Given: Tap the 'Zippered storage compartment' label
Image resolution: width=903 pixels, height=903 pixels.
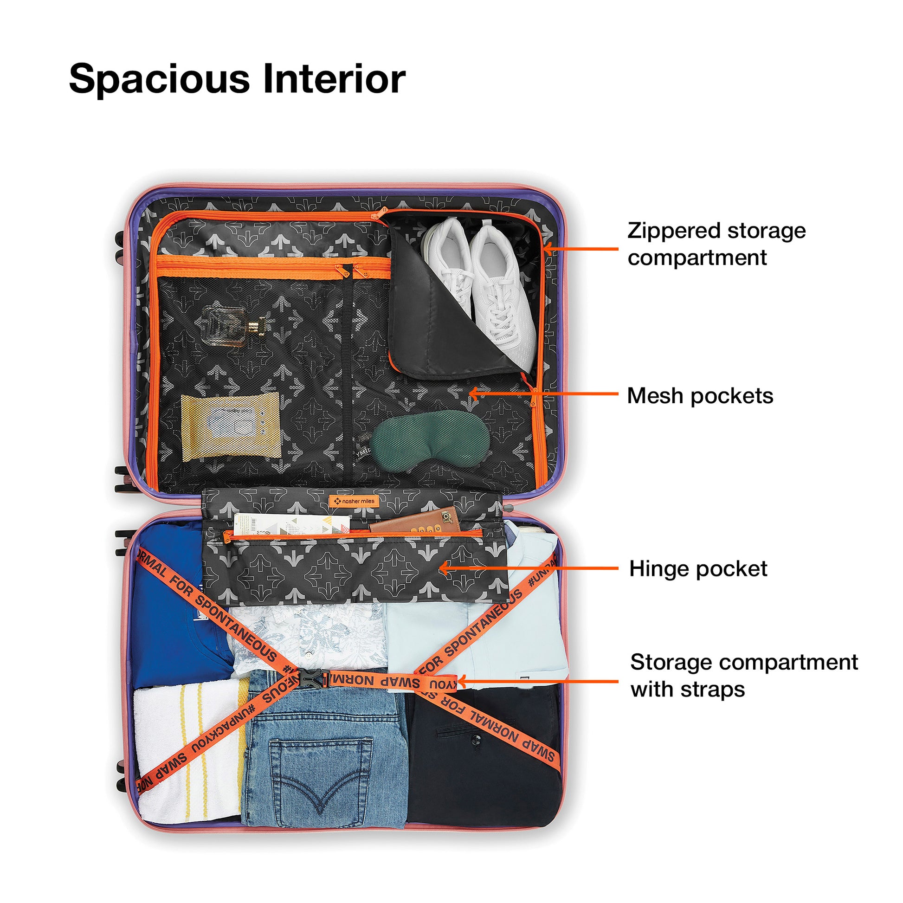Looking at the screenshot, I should point(716,244).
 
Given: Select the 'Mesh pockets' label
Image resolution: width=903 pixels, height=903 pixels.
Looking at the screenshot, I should point(700,396).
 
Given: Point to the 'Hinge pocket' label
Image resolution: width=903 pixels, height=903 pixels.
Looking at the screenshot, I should point(698,569).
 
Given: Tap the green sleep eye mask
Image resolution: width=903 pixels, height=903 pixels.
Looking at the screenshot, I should point(430,439).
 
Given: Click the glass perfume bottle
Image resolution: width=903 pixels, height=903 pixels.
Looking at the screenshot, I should point(232,326).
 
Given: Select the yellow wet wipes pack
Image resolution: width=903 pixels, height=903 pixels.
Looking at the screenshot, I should point(231,426).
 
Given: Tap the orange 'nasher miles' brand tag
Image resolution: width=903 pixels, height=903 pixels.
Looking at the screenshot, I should point(354,501).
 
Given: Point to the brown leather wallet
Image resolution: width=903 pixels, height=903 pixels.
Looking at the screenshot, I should point(416,521).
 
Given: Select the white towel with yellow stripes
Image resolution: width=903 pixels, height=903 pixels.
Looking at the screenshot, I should point(187,748).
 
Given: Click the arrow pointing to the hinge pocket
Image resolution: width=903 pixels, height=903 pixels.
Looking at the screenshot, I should point(528,568).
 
